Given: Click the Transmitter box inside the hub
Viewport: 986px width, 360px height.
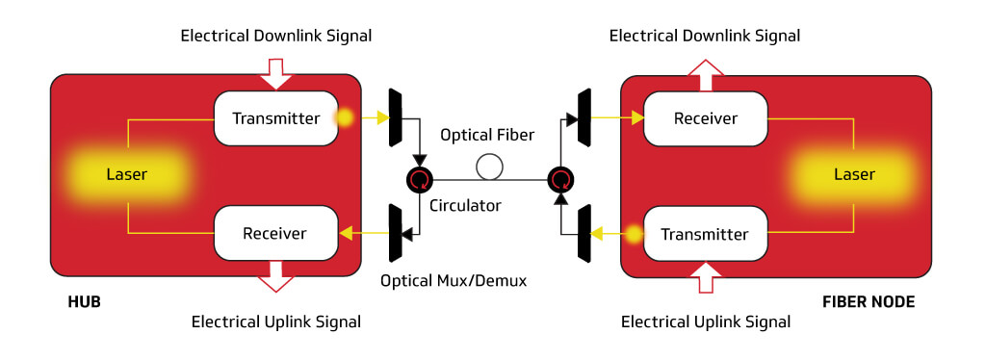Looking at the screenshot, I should [275, 118].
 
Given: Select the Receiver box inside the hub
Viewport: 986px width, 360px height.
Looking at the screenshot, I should [275, 233].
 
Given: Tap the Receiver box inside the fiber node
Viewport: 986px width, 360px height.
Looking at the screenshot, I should [705, 118].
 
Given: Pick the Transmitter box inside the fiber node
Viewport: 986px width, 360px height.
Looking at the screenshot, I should [705, 234].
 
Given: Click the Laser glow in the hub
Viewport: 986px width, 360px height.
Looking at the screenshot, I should [127, 174].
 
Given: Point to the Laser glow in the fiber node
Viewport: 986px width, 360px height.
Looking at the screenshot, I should [853, 174].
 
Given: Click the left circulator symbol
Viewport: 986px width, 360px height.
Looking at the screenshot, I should [420, 178].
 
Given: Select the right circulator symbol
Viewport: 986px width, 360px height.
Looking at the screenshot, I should [559, 178].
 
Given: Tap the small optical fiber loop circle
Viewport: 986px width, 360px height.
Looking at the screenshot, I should [490, 167].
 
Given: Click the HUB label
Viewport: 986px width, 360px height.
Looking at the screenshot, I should [84, 302].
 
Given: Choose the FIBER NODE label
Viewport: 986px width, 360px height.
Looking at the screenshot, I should [869, 302].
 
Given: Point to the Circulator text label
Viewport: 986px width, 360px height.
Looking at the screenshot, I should [464, 205].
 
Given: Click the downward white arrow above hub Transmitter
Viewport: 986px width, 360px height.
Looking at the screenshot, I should [276, 71].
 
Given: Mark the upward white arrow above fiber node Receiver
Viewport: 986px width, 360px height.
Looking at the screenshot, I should [706, 71].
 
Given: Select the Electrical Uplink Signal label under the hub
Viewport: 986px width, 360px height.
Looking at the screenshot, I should [276, 321].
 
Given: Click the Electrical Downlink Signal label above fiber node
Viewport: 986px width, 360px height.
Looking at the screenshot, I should [705, 36].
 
